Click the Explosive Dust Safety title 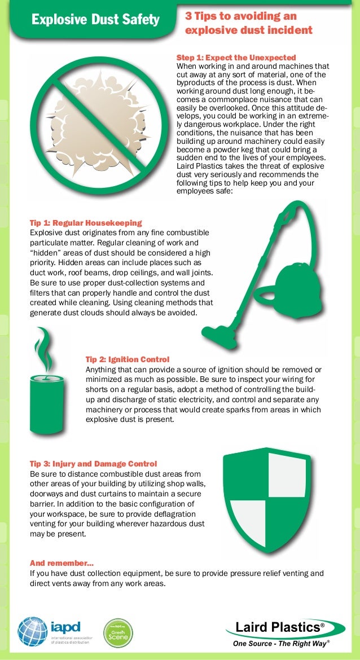(95, 21)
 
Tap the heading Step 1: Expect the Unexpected (236, 58)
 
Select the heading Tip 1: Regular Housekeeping (85, 223)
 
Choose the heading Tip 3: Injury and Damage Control (93, 464)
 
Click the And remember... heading (62, 563)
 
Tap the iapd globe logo (33, 631)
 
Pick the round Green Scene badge (118, 633)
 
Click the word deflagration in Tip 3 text (170, 514)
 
